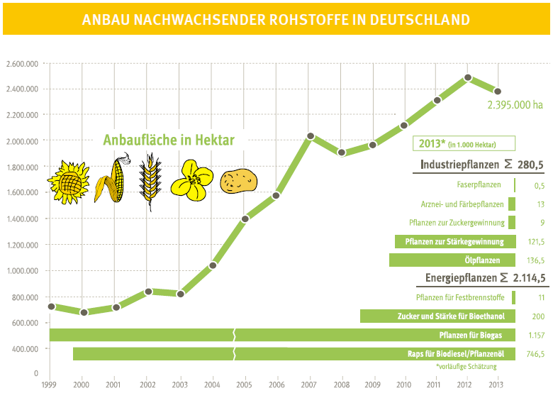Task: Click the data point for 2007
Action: (x=311, y=136)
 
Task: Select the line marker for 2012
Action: (x=468, y=78)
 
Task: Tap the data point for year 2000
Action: (x=84, y=312)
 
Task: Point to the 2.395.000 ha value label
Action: (x=514, y=105)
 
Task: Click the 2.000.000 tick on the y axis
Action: (x=21, y=140)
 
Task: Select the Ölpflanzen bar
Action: (x=452, y=260)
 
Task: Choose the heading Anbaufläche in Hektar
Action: (x=168, y=140)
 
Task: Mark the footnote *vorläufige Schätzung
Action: (x=467, y=366)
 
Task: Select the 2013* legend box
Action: (x=464, y=143)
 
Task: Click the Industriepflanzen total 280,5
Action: (x=530, y=165)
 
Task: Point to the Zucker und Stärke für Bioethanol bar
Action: (x=437, y=316)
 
